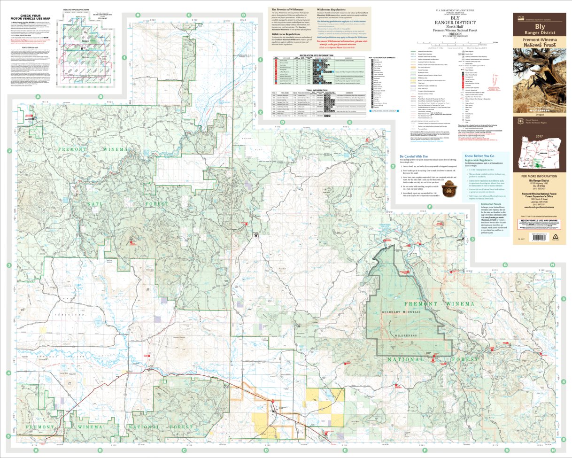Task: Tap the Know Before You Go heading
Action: click(x=479, y=155)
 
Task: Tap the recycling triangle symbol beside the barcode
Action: click(x=553, y=237)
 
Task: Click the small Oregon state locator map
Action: click(x=539, y=157)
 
